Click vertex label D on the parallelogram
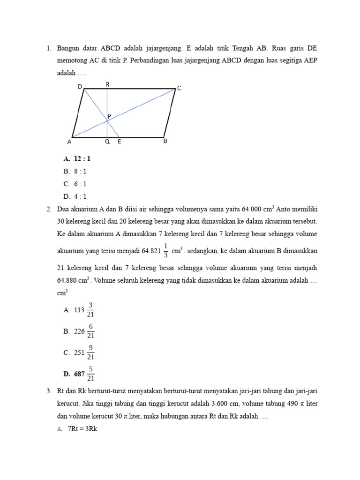tap(80, 87)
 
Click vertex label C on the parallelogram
tap(179, 88)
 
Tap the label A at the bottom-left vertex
tap(69, 142)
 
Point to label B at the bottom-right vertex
tap(165, 141)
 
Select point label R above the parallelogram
tap(107, 84)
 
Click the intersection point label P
tap(109, 116)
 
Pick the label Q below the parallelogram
tap(107, 142)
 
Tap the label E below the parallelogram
tap(119, 142)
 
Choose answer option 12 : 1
tap(82, 159)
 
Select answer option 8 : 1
tap(80, 172)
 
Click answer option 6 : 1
tap(80, 184)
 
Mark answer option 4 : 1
tap(80, 196)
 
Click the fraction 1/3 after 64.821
tap(166, 250)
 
